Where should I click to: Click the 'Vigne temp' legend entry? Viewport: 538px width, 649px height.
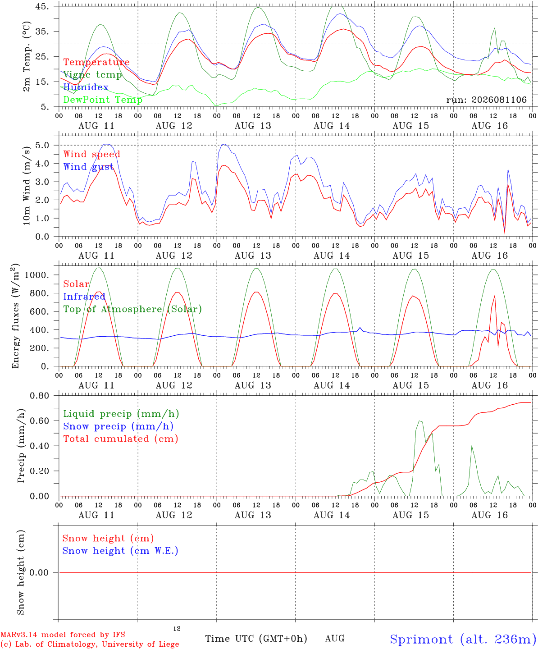(x=92, y=75)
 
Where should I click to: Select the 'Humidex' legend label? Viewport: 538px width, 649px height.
(x=86, y=87)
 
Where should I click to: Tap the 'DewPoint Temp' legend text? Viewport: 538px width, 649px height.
(x=103, y=100)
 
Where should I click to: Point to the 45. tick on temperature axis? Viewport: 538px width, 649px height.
(x=42, y=6)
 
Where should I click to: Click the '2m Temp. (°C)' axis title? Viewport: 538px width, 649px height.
(x=27, y=57)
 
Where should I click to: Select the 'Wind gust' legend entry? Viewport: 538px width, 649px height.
(x=88, y=167)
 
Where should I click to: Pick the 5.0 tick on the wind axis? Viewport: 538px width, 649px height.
(x=42, y=145)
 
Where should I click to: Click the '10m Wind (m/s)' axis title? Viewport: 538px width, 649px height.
(x=27, y=186)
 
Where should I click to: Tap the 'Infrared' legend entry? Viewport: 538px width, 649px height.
(x=84, y=297)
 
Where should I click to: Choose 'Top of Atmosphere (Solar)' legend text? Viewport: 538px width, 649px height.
(x=132, y=309)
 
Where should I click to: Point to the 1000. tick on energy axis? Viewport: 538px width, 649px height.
(x=37, y=275)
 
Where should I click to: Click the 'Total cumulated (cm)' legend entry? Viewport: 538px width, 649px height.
(x=121, y=439)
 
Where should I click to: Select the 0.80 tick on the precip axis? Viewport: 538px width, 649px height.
(x=40, y=396)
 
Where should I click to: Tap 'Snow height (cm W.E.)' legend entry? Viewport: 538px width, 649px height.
(x=120, y=551)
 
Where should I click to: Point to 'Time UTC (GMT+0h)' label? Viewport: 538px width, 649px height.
(x=256, y=639)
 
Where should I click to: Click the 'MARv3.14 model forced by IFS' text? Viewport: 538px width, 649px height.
(x=63, y=635)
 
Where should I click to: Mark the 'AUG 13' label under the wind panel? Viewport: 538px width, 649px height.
(x=253, y=256)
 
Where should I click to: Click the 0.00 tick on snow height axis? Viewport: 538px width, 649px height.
(x=39, y=572)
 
